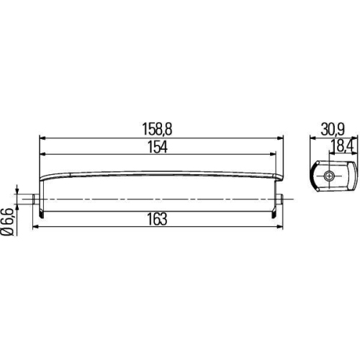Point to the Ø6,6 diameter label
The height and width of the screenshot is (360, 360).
(x=6, y=220)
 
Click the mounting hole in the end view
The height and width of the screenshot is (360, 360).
(x=328, y=176)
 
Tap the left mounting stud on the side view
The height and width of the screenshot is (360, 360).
(x=35, y=199)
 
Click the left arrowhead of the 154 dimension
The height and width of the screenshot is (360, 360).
(x=42, y=153)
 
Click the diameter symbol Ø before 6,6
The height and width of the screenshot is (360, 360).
(x=6, y=232)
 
